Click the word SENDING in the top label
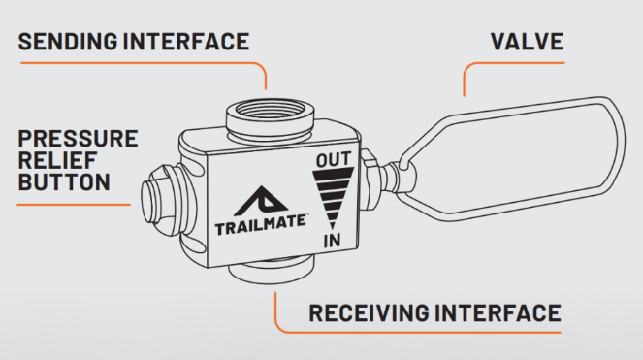pos(68,42)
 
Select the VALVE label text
pos(527,42)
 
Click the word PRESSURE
pos(78,139)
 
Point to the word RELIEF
pos(57,160)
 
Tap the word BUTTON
pos(64,181)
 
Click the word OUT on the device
pos(334,159)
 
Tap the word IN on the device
pos(332,241)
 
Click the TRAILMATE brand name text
pos(260,224)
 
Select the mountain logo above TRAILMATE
pos(261,201)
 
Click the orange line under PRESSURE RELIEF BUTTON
pos(74,205)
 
